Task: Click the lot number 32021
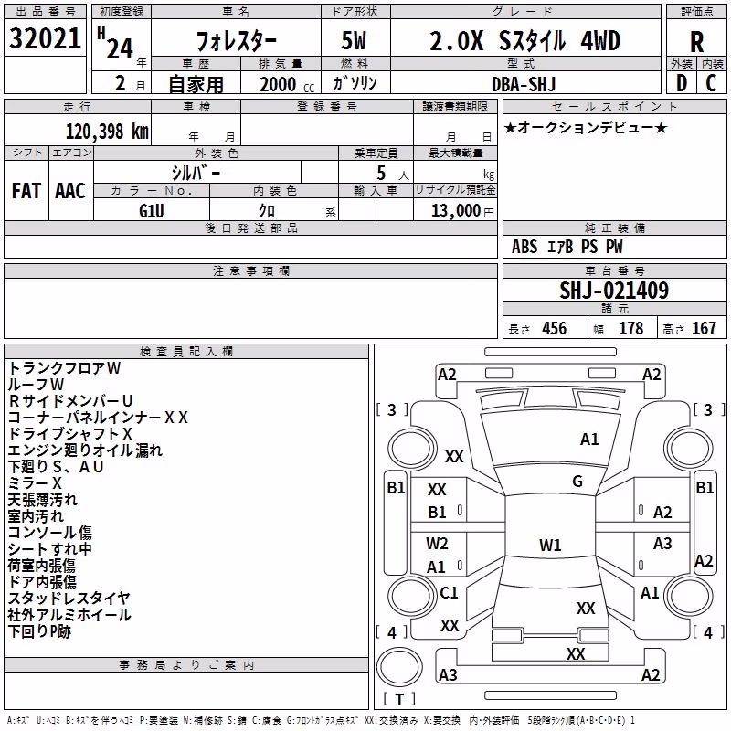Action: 45,38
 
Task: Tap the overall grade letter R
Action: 696,42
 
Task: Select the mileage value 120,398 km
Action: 107,132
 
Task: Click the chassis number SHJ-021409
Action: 614,291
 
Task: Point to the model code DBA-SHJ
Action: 524,84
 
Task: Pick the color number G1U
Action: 152,211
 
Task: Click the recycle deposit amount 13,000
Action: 456,211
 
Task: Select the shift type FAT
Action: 26,191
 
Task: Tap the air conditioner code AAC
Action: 70,191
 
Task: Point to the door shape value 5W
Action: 354,40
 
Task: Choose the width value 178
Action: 630,328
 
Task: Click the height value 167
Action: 704,328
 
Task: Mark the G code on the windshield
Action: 577,482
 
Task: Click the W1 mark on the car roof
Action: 550,545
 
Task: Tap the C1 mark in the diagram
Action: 449,592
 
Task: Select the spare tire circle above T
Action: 399,667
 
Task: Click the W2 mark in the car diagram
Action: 437,543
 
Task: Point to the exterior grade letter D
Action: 681,84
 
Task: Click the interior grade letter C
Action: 711,84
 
